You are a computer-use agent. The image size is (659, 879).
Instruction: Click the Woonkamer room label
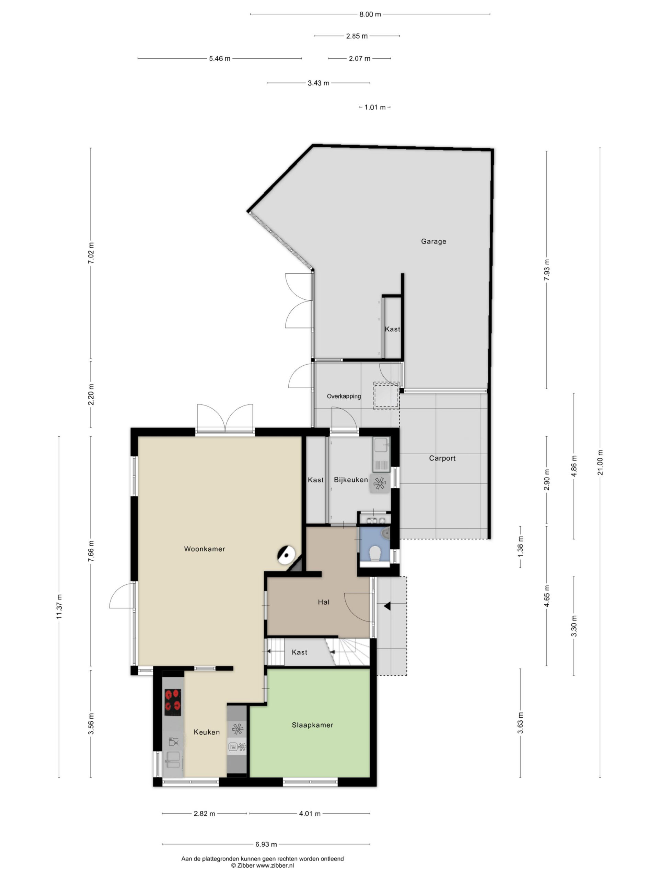pyautogui.click(x=205, y=549)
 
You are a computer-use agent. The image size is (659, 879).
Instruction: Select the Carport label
pyautogui.click(x=442, y=458)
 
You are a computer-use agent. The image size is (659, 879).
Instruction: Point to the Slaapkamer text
pyautogui.click(x=313, y=725)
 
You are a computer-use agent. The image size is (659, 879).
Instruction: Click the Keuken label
pyautogui.click(x=207, y=732)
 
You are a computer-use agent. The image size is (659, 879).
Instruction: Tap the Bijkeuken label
pyautogui.click(x=351, y=480)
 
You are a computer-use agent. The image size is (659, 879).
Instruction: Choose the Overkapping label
pyautogui.click(x=344, y=396)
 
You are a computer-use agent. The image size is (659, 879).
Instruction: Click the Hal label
pyautogui.click(x=324, y=602)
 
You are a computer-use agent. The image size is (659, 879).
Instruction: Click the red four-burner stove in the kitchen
pyautogui.click(x=173, y=702)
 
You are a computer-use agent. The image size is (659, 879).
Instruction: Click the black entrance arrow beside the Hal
pyautogui.click(x=387, y=606)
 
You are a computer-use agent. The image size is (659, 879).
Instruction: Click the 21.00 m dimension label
pyautogui.click(x=600, y=463)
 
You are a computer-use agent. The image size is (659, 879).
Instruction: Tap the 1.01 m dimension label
pyautogui.click(x=375, y=107)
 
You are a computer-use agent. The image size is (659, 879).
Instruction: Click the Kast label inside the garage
pyautogui.click(x=392, y=329)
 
